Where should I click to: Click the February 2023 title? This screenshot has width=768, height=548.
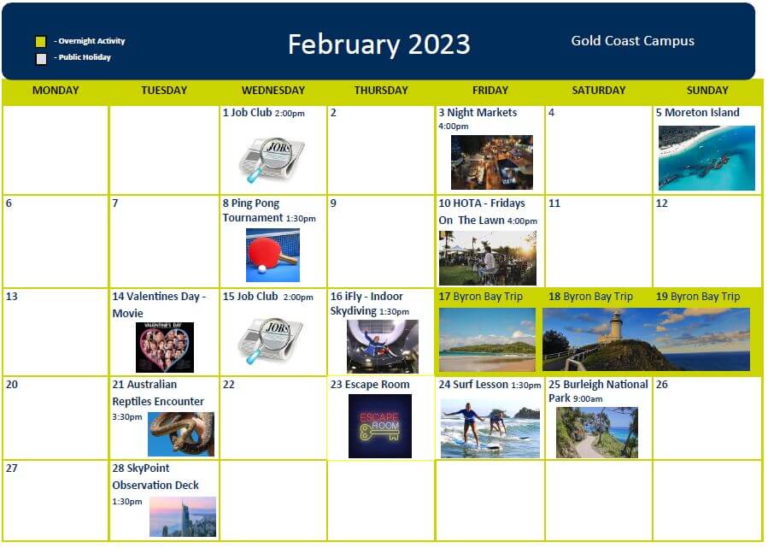(x=378, y=44)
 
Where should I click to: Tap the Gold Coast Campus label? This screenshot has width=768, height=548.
(x=632, y=41)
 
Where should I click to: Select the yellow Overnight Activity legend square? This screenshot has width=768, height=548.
(x=41, y=42)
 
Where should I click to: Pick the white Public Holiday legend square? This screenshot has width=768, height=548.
(x=41, y=59)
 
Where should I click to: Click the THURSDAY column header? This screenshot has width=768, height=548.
(x=381, y=90)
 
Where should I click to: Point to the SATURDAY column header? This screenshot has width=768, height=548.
(x=599, y=90)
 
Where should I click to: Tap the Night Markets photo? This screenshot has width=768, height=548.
(x=492, y=162)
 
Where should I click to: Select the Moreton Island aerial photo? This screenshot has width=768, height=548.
(x=706, y=158)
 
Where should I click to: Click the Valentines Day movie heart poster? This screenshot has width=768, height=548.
(x=165, y=348)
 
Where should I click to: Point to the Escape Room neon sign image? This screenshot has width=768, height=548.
(x=380, y=426)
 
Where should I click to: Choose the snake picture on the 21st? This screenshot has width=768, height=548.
(x=181, y=433)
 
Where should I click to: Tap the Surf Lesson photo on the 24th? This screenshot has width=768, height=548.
(x=490, y=428)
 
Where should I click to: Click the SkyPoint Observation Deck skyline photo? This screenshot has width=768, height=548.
(x=183, y=516)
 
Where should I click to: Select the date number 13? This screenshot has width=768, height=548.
(x=12, y=297)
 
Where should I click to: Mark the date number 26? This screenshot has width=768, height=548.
(x=662, y=385)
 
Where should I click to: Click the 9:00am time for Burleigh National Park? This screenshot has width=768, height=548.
(x=588, y=399)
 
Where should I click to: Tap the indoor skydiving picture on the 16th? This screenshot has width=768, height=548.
(x=383, y=346)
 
